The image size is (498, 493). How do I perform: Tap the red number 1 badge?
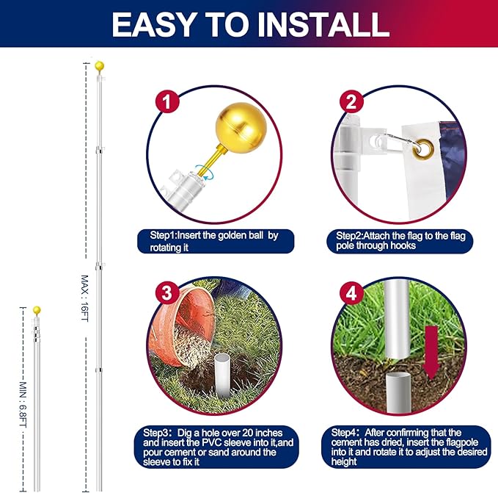[169, 102]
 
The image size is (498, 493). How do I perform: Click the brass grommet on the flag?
[425, 151]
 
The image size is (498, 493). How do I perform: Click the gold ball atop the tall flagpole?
[99, 66]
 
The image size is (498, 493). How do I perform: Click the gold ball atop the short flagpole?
[37, 310]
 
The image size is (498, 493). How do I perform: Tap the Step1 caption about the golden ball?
[216, 242]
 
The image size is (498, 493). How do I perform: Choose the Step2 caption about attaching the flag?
[400, 240]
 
